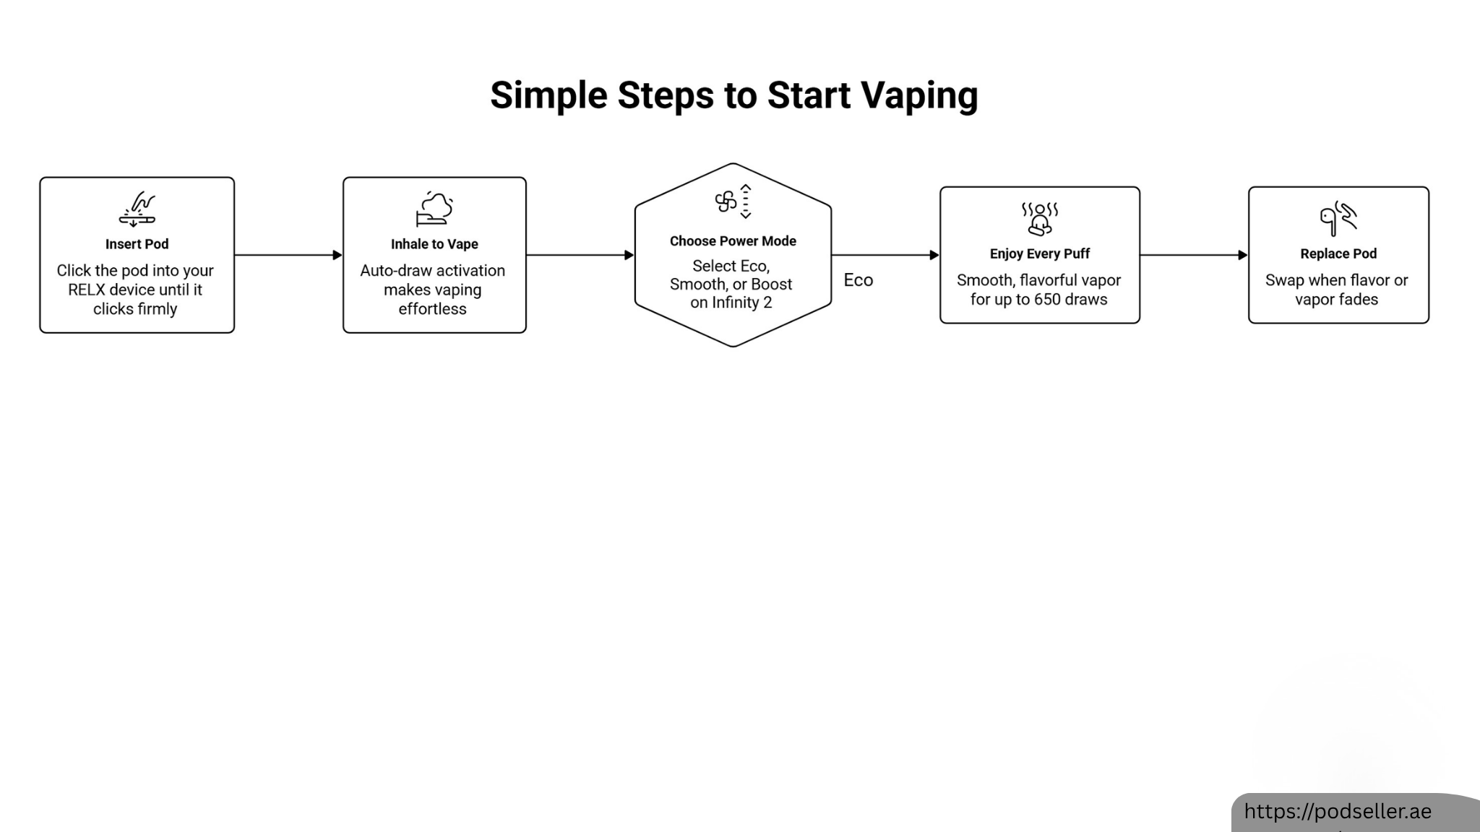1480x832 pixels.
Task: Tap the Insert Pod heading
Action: click(137, 244)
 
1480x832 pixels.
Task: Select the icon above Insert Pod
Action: click(137, 209)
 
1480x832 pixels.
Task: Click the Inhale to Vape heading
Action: click(434, 244)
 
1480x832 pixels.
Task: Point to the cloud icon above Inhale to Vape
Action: click(434, 209)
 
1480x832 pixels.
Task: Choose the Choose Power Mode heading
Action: click(733, 241)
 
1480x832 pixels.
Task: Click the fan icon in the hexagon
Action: click(726, 202)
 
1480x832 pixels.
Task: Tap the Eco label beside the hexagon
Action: click(858, 280)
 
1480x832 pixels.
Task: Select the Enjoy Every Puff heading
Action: click(1040, 253)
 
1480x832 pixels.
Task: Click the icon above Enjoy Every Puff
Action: click(1040, 219)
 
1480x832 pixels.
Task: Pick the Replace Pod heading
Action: click(1338, 253)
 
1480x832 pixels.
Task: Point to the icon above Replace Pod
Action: click(1338, 219)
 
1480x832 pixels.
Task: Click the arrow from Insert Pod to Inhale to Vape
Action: click(288, 255)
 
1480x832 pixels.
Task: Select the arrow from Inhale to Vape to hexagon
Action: click(580, 255)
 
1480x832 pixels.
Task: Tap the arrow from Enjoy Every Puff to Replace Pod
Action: click(1194, 255)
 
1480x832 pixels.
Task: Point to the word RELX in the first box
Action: click(87, 290)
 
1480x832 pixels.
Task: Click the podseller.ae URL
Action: click(1338, 812)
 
